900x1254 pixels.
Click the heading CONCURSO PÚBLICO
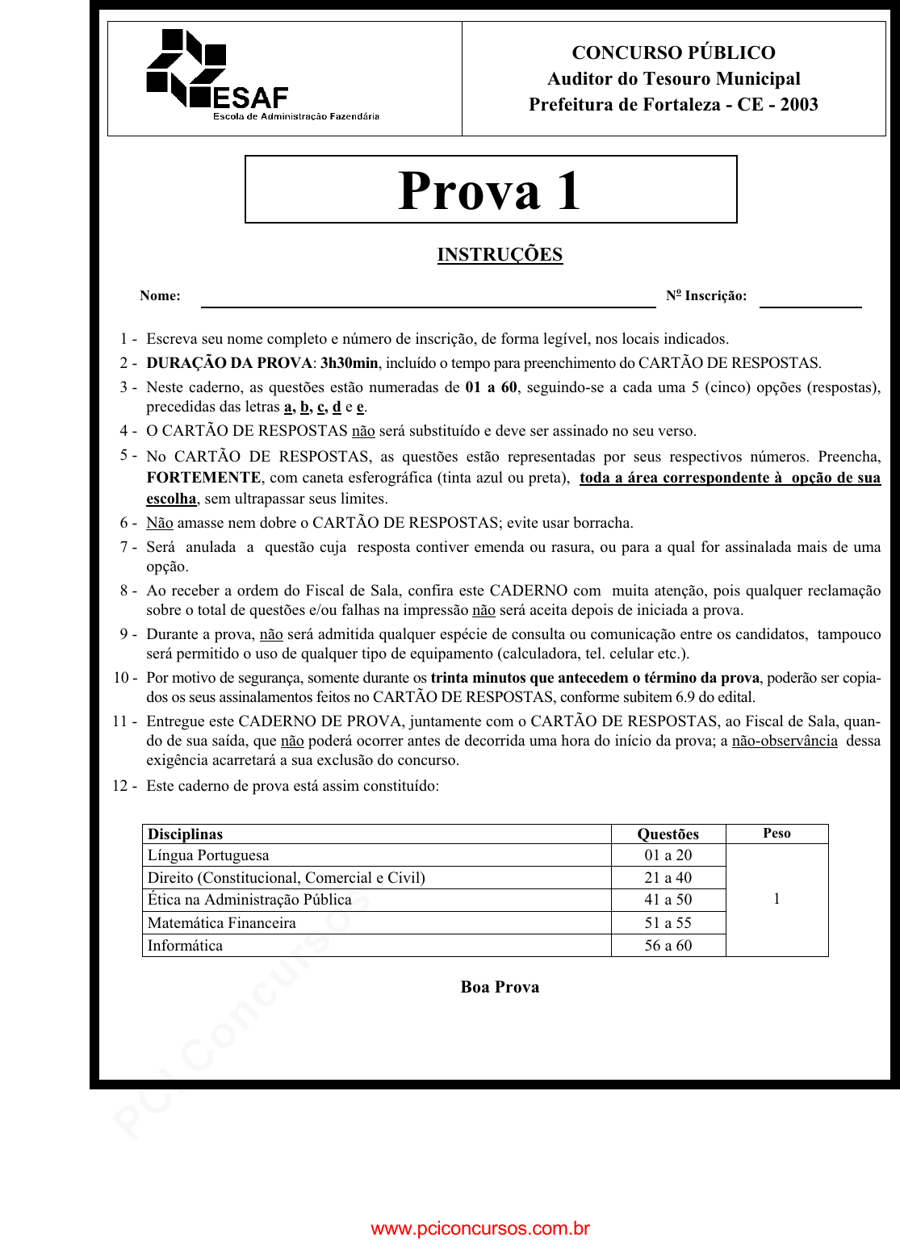point(673,53)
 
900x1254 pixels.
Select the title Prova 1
point(490,191)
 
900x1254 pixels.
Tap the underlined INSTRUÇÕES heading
point(500,255)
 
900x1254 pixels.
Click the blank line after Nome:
point(428,300)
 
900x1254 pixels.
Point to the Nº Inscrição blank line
point(810,300)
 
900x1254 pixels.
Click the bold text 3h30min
point(349,363)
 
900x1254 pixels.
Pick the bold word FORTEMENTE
point(203,478)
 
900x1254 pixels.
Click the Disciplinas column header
point(185,834)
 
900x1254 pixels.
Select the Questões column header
point(668,834)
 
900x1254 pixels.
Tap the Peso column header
point(777,834)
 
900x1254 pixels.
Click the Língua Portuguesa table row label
point(208,855)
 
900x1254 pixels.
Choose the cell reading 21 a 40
point(668,878)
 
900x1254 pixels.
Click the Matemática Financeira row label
point(221,923)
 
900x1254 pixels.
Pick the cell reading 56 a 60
point(668,946)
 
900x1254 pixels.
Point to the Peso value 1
point(777,899)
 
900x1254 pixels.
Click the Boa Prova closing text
point(500,987)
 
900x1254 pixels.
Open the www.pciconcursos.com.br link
point(480,1229)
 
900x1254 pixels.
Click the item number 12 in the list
point(121,786)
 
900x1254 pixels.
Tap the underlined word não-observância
point(785,741)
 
